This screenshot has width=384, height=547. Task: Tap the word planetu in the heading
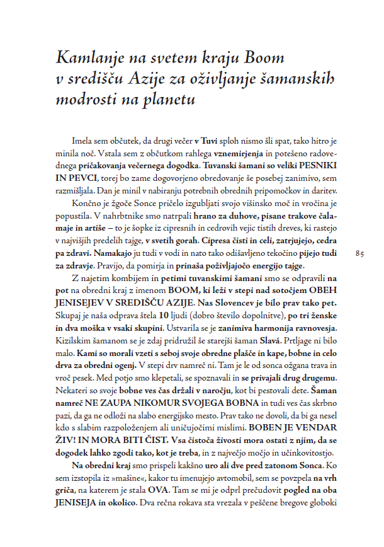point(167,100)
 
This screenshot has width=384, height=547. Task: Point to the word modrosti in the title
point(86,100)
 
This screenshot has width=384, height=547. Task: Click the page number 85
point(360,253)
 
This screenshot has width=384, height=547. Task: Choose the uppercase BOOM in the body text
point(182,291)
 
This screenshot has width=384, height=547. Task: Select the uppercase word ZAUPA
point(125,402)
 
